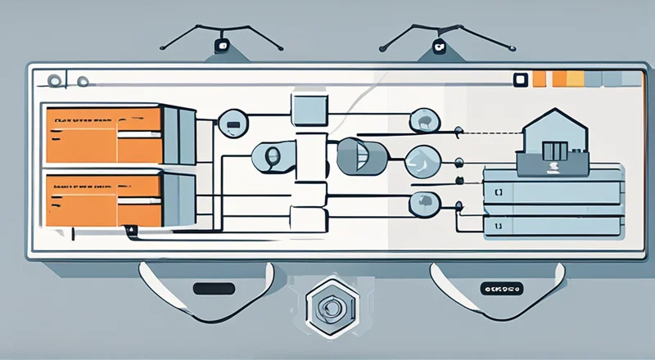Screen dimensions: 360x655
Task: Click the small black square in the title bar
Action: (x=518, y=79)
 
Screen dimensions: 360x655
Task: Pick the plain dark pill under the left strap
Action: (x=211, y=288)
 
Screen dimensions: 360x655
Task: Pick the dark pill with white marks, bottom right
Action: (x=502, y=288)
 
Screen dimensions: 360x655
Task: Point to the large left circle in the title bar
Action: (x=55, y=80)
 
